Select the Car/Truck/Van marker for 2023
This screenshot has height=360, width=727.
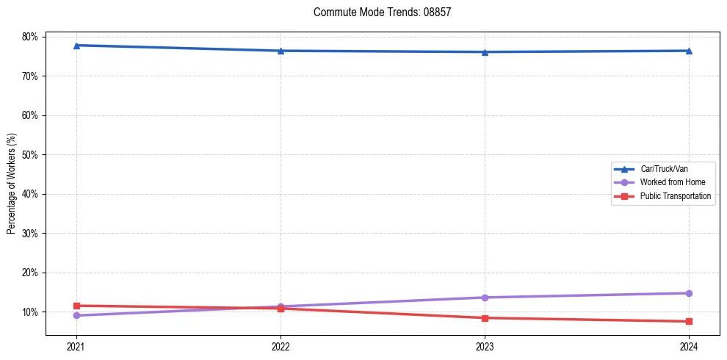point(485,52)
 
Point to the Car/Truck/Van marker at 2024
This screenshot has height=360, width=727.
point(689,51)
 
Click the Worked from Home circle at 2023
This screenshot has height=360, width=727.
point(485,298)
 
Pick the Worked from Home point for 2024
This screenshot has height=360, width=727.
point(689,293)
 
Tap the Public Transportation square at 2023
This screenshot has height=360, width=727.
point(485,318)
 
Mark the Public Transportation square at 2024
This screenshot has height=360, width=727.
point(689,321)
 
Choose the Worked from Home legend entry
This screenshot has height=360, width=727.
point(669,182)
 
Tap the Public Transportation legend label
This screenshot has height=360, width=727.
point(676,196)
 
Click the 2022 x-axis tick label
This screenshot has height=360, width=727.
point(281,346)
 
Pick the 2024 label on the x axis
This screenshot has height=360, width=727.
point(689,346)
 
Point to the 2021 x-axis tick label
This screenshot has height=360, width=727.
point(76,346)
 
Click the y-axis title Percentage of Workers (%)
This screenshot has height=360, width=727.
point(12,184)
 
